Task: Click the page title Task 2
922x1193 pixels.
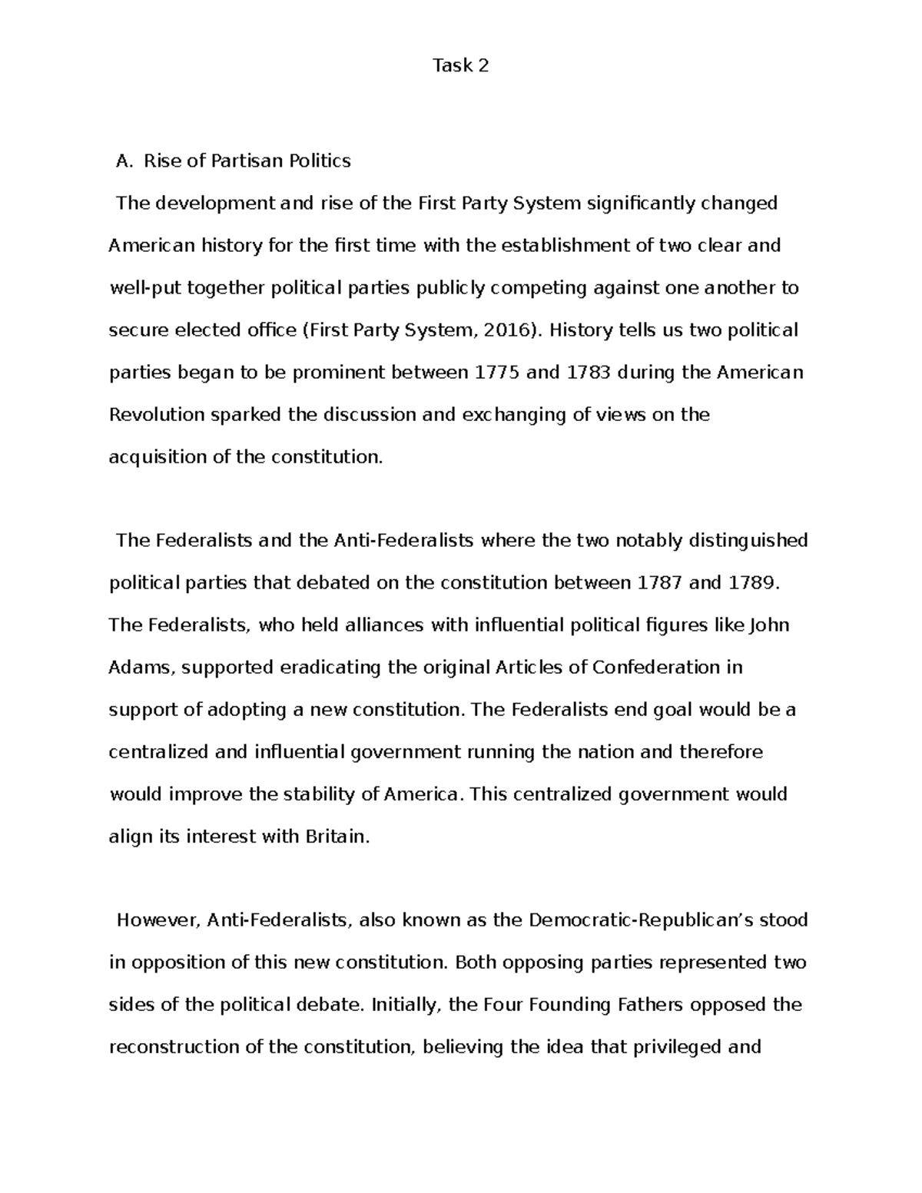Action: point(460,66)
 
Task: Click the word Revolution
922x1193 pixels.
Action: point(157,415)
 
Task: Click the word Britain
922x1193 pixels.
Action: point(337,837)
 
